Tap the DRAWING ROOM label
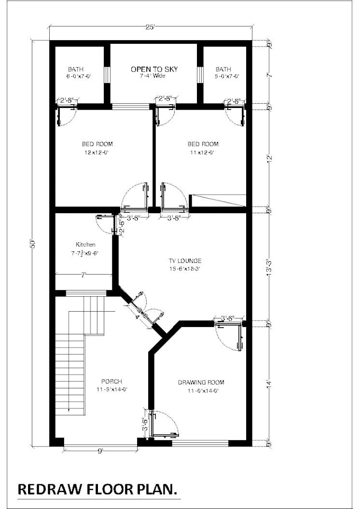tap(201, 383)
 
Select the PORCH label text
tap(112, 381)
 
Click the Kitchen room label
tap(85, 245)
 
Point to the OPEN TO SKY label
tap(154, 69)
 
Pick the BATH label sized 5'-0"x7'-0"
tap(223, 69)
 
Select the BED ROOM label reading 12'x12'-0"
tap(97, 144)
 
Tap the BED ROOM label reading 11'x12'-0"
tap(203, 144)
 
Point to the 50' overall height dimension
tap(33, 243)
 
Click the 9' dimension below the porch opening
tap(100, 451)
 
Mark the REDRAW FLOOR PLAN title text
tap(98, 488)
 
